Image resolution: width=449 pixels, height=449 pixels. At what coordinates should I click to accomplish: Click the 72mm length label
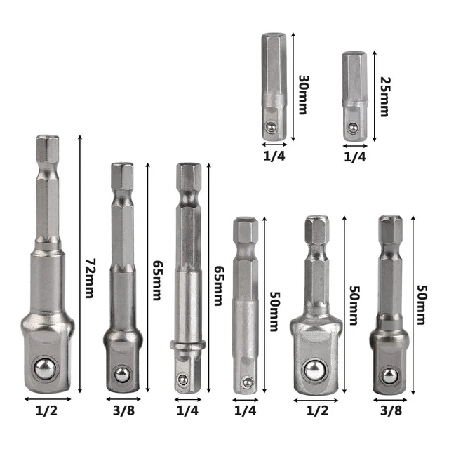point(89,278)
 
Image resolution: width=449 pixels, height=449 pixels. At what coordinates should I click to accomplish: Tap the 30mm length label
point(302,90)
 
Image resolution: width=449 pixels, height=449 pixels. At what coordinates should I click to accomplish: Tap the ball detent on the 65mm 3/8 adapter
point(121,373)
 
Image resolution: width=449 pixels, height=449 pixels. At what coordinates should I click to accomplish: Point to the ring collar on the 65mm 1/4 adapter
point(188,347)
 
